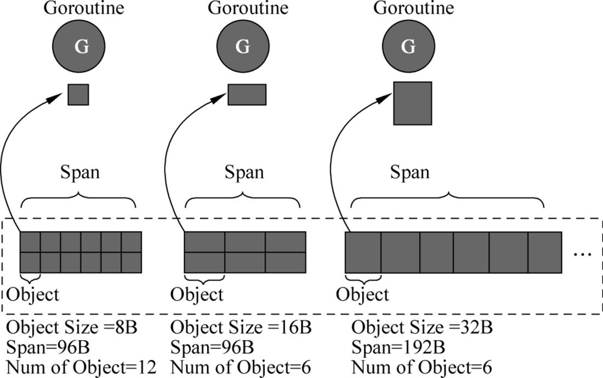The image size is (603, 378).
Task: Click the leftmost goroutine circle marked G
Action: [78, 46]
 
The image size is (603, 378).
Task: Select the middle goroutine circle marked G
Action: [243, 46]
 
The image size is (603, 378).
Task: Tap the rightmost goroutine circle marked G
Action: [408, 46]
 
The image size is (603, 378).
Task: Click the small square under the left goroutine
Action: [78, 95]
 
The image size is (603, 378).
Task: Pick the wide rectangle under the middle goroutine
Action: [247, 95]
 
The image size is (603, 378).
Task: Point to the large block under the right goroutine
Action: [413, 103]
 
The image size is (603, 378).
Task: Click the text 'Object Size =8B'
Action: [72, 328]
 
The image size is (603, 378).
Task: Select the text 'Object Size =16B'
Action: [241, 328]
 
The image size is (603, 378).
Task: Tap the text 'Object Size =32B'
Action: [422, 328]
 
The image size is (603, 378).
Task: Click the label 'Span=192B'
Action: [398, 348]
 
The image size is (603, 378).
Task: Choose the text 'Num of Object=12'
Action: [82, 368]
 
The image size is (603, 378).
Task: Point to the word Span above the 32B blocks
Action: [410, 172]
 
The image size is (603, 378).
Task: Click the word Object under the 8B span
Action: [33, 295]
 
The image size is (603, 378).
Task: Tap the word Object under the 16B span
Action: [197, 295]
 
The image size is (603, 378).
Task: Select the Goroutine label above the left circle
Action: [84, 8]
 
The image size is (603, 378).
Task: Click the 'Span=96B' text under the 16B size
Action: [212, 348]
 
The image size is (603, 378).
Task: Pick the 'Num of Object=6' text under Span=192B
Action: [422, 368]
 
